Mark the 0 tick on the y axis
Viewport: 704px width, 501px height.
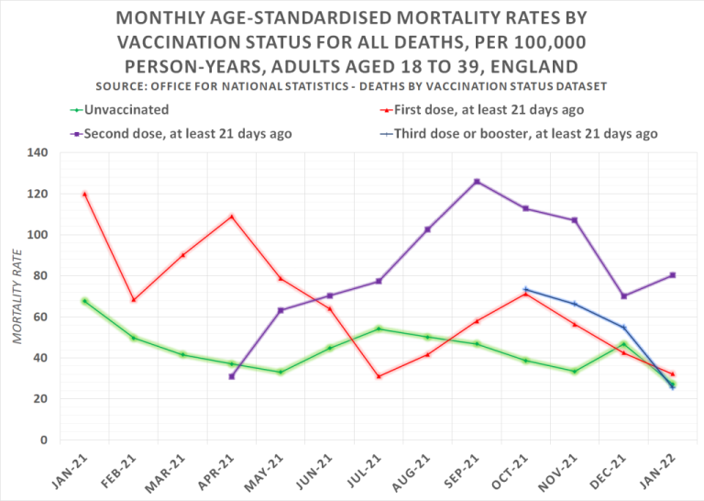[43, 440]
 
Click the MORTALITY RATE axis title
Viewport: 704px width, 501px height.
[17, 296]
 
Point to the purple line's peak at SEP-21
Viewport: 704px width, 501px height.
[477, 182]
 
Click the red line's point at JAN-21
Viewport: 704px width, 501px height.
[84, 194]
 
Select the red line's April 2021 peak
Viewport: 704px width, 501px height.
[232, 217]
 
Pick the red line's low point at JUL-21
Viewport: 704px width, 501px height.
[379, 376]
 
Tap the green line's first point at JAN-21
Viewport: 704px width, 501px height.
[84, 301]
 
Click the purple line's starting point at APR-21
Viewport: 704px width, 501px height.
[232, 376]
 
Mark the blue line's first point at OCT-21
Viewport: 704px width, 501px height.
[525, 289]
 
